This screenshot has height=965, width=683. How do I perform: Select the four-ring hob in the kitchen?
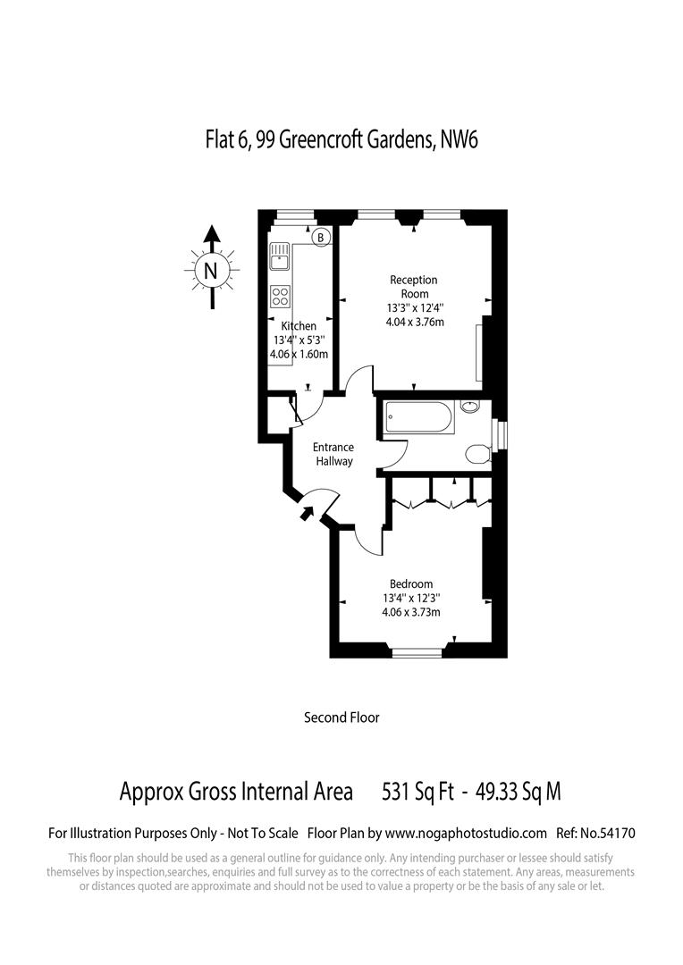click(x=281, y=296)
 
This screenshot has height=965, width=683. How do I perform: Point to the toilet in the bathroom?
click(x=478, y=453)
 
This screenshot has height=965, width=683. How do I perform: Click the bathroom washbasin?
click(x=470, y=408)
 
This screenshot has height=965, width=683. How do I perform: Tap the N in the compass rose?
click(x=211, y=271)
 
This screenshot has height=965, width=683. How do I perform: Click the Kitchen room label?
click(x=299, y=326)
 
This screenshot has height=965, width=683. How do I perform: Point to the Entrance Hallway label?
click(x=333, y=454)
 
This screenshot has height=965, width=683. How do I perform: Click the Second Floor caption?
click(x=341, y=717)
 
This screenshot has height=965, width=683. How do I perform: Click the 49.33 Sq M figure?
click(x=518, y=792)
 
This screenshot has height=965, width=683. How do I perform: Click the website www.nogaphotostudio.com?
click(x=468, y=833)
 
